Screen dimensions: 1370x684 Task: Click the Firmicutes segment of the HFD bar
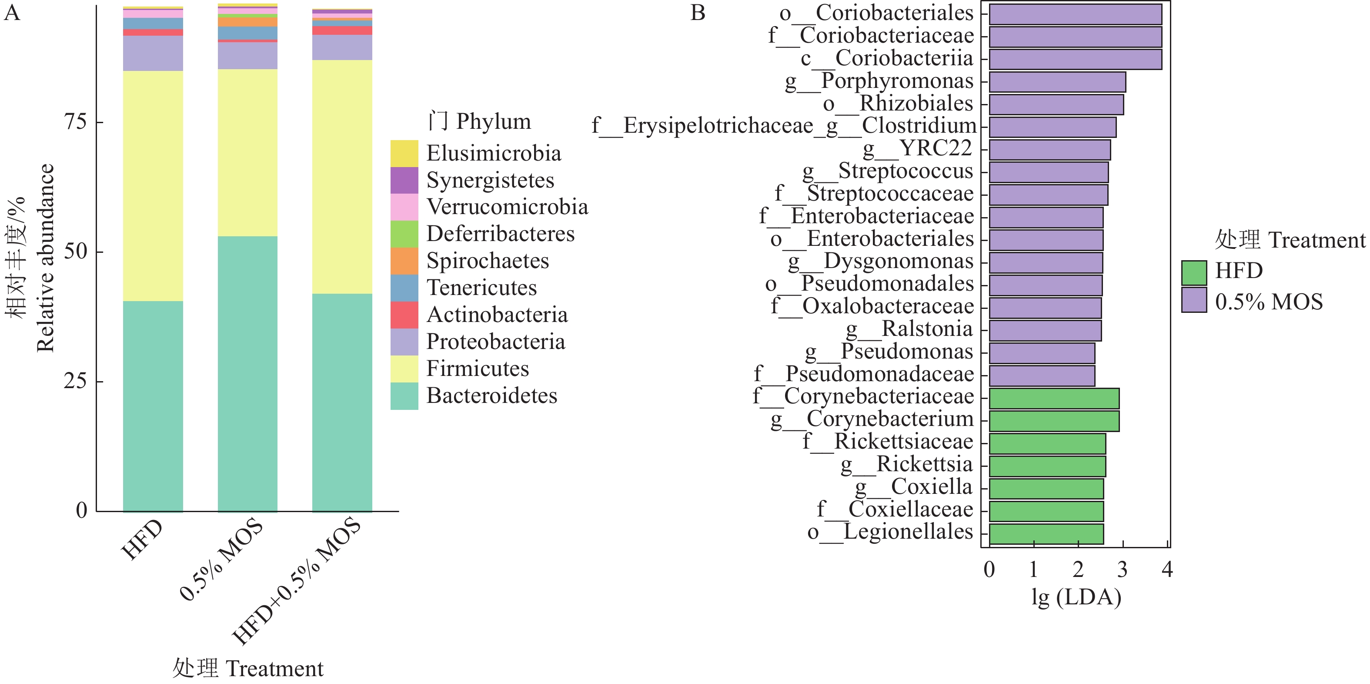tap(153, 186)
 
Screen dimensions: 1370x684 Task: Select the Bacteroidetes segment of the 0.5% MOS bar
tap(247, 374)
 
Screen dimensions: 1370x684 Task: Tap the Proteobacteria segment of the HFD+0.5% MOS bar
tap(342, 47)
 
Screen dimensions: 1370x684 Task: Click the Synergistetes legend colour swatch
tap(404, 180)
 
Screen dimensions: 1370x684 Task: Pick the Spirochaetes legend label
tap(488, 261)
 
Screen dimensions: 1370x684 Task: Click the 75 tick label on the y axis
tap(75, 121)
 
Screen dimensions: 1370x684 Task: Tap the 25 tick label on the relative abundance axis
tap(75, 381)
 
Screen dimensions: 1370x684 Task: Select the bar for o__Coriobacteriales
tap(1076, 14)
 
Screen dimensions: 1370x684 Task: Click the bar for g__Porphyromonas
tap(1057, 82)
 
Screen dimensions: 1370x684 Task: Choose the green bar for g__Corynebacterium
tap(1054, 421)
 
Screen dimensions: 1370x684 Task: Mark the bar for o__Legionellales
tap(1046, 533)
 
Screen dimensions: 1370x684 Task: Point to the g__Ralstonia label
tap(909, 329)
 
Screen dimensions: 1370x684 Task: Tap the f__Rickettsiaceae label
tap(888, 442)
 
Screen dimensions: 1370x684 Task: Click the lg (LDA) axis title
tap(1076, 597)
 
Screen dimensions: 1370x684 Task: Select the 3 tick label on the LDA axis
tap(1123, 569)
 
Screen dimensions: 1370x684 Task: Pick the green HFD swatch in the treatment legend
tap(1194, 273)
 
